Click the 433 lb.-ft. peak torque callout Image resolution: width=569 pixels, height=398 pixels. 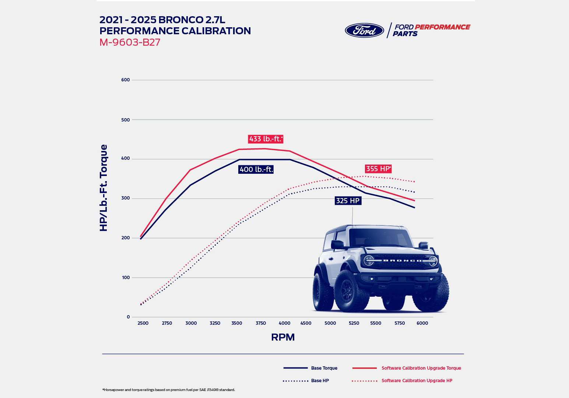[266, 139]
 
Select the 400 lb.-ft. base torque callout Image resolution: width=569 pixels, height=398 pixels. [256, 169]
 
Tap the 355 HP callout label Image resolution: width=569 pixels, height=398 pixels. [378, 169]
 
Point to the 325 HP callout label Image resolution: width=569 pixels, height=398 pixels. [348, 201]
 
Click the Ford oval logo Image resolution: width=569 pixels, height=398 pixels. [364, 30]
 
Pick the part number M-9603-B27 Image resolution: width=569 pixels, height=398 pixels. [130, 42]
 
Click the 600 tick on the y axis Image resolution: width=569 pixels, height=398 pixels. [125, 80]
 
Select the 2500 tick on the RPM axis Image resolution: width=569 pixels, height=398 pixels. [143, 323]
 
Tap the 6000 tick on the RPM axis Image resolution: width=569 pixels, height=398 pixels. [422, 323]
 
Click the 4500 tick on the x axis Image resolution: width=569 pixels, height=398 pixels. [306, 323]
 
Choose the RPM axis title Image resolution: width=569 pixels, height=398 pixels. [283, 337]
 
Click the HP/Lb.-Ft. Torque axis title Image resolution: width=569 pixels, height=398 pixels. [104, 188]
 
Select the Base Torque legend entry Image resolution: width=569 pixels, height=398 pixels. [324, 368]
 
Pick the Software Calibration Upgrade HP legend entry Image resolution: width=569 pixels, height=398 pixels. [417, 381]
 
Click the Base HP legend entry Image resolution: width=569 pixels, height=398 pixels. [320, 381]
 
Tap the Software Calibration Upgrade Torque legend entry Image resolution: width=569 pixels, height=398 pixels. [421, 368]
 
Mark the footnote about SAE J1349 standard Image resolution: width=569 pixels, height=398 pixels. [168, 390]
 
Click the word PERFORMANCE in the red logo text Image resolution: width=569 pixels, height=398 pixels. [442, 27]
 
